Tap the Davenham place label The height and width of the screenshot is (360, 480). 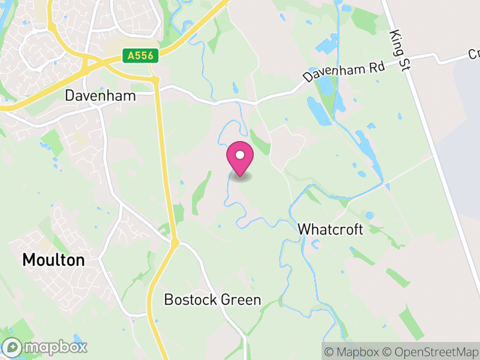(x=100, y=96)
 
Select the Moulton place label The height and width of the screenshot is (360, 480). (x=53, y=260)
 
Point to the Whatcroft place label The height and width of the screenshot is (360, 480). (x=330, y=230)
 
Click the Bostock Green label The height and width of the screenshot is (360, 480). (x=212, y=299)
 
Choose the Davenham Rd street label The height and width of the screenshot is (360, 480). (x=344, y=71)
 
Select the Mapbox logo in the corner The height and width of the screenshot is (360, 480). (x=46, y=347)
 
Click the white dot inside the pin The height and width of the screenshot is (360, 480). (x=239, y=155)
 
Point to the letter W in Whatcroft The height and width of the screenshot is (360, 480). (x=304, y=230)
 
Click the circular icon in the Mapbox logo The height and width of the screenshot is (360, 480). (x=13, y=347)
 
